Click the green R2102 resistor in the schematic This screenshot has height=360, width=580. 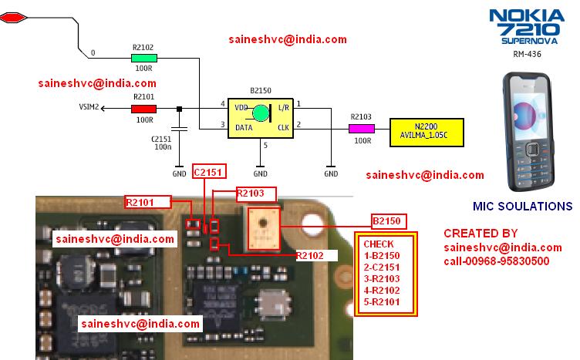pos(144,58)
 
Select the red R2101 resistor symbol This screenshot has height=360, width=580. pos(144,109)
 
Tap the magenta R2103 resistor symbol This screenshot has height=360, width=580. pos(362,129)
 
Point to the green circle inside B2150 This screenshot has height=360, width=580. pos(261,114)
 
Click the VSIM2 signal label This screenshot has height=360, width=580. pos(89,109)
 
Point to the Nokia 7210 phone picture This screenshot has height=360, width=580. pos(526,131)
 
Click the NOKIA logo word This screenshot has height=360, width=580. pos(528,14)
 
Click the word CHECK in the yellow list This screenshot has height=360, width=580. pos(378,244)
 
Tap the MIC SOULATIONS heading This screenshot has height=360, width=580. pos(521,207)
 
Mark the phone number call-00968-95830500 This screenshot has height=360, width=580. pos(496,261)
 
